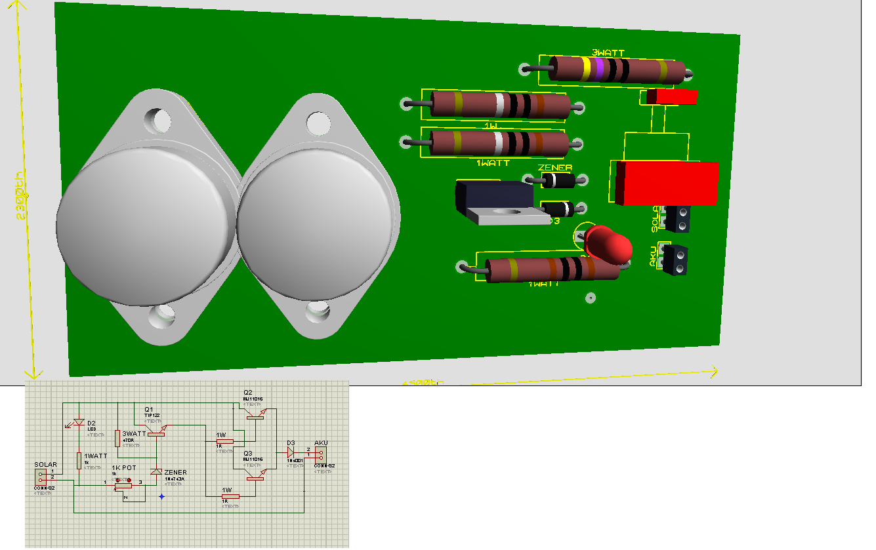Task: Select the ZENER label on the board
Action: coord(554,168)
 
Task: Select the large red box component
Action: coord(666,182)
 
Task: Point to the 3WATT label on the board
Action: coord(608,52)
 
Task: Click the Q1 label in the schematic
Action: coord(149,408)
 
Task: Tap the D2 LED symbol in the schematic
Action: coord(79,423)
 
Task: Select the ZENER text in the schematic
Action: coord(175,472)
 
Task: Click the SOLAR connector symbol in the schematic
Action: coord(42,477)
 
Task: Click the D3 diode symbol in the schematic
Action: coord(291,452)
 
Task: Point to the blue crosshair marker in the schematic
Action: coord(161,496)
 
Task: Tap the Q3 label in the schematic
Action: coord(247,453)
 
